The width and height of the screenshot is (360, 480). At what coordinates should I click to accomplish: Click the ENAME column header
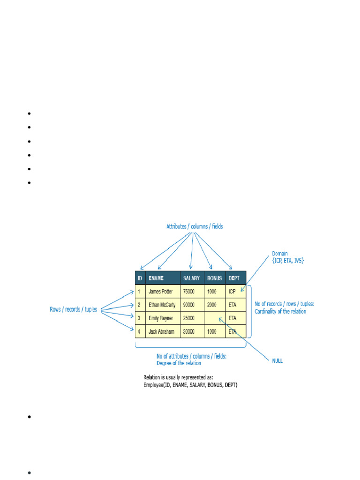click(x=156, y=278)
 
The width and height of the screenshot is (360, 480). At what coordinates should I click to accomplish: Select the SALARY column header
click(x=191, y=278)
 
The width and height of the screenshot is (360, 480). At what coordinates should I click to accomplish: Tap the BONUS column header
click(x=214, y=278)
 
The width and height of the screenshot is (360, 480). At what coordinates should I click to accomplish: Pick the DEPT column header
click(x=234, y=278)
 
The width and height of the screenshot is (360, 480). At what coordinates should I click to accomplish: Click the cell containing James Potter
click(x=160, y=291)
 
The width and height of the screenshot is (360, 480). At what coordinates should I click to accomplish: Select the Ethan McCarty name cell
click(x=162, y=305)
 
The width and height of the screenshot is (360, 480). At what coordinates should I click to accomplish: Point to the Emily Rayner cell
click(x=160, y=318)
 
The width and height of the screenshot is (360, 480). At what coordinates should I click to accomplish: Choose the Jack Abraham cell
click(x=161, y=331)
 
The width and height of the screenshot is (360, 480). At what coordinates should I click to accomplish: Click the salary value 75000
click(x=189, y=291)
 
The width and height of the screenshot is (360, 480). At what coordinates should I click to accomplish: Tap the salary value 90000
click(x=189, y=305)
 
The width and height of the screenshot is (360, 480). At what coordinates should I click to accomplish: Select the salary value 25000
click(x=189, y=318)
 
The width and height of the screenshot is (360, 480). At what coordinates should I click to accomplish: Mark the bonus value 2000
click(x=212, y=305)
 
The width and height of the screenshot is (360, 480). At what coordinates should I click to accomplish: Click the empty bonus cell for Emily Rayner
click(x=215, y=318)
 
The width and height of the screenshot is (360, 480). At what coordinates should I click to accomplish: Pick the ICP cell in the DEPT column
click(x=232, y=291)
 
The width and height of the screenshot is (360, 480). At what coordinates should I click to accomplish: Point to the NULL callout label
click(x=277, y=361)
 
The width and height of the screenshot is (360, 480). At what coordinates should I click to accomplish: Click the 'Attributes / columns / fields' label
click(x=195, y=226)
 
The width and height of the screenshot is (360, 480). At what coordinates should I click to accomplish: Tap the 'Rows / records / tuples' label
click(x=74, y=309)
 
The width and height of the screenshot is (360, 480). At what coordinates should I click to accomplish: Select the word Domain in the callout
click(x=280, y=253)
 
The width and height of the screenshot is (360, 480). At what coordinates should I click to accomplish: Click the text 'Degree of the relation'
click(x=179, y=363)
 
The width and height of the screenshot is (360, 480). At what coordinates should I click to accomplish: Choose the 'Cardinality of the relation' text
click(x=280, y=311)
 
